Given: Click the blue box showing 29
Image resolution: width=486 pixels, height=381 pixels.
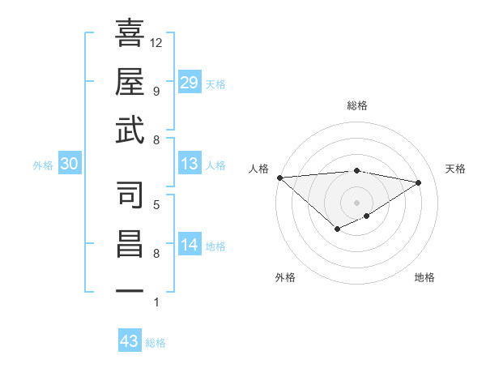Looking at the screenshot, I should (190, 83).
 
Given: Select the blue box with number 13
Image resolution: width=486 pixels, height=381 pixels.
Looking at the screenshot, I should (190, 164).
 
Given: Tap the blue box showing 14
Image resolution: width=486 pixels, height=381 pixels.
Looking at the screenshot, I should (190, 245).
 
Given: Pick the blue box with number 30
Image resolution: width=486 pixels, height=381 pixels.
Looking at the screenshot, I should (70, 164).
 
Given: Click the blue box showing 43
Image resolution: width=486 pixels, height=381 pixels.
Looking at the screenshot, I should (130, 341).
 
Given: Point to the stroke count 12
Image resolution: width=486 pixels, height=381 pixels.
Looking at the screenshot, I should (156, 42).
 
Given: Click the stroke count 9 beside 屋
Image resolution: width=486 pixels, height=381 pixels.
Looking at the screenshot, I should (156, 92).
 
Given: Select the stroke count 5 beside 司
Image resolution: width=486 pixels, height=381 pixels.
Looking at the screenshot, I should (156, 204).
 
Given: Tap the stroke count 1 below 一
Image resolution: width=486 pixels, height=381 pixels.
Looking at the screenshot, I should (156, 302).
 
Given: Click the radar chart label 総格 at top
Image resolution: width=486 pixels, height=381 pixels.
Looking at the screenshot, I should (357, 105).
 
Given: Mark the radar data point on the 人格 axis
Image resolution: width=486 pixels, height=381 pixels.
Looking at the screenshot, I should (279, 177).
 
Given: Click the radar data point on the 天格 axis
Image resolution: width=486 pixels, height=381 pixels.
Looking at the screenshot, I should (418, 182).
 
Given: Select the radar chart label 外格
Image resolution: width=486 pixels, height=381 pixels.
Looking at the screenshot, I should (285, 277).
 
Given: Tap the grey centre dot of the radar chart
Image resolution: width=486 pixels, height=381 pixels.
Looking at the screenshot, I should (356, 202).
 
